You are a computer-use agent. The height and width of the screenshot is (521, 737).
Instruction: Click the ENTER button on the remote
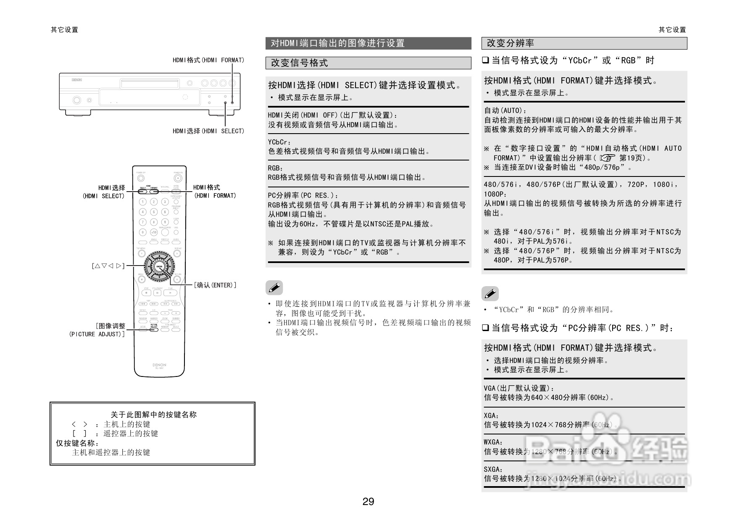159,266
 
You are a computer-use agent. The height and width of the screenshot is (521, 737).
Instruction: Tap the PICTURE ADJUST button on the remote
154,329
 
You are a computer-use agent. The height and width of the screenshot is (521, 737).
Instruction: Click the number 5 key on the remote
154,212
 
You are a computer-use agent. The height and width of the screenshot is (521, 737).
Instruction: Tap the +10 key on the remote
154,232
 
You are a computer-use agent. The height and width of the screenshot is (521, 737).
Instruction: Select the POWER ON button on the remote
177,178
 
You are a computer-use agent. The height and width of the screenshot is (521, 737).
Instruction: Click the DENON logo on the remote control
159,365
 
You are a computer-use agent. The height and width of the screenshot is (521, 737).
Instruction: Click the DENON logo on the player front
76,79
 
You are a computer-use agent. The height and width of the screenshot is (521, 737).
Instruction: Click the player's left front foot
77,113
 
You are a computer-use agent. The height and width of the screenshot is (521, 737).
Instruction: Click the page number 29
368,502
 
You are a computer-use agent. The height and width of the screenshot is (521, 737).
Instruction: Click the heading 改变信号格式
299,63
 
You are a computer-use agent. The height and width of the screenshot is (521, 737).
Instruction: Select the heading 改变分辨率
510,43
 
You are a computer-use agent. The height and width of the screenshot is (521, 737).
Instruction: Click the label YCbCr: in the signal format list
279,142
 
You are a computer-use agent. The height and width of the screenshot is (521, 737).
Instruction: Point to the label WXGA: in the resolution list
493,442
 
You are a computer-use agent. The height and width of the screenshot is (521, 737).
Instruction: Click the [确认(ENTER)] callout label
215,285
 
